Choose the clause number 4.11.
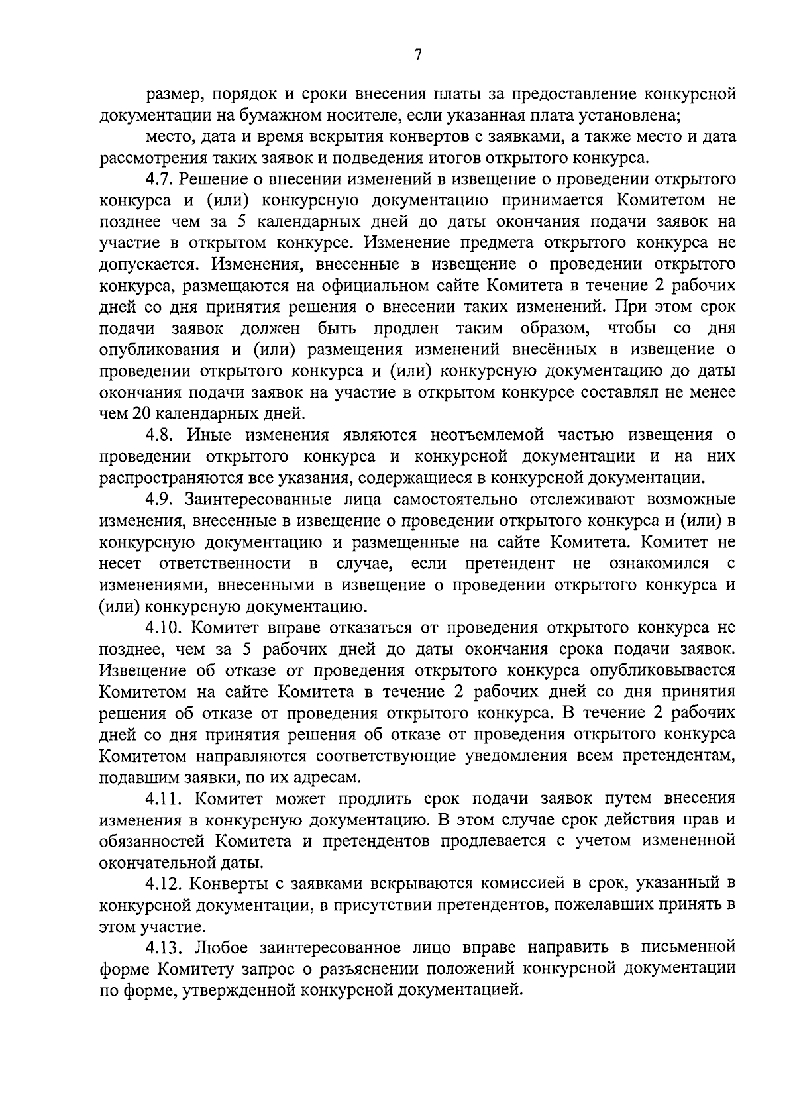pos(163,798)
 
